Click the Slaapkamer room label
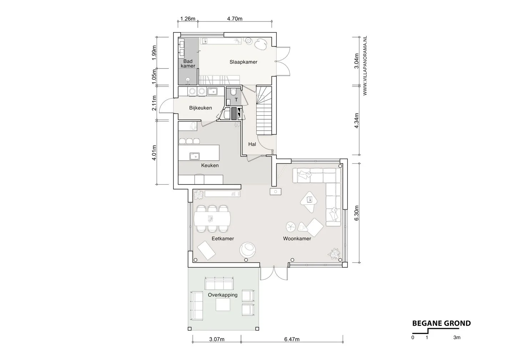[x=243, y=62]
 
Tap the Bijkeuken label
[x=200, y=108]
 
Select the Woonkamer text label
[x=297, y=239]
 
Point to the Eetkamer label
[x=223, y=239]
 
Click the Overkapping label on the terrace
[x=223, y=295]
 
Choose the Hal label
[x=252, y=144]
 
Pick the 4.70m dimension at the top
[x=235, y=19]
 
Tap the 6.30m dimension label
[x=356, y=213]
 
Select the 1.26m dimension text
[x=188, y=19]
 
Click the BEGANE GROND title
[x=442, y=324]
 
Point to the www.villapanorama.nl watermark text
[x=365, y=65]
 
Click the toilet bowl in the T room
[x=233, y=91]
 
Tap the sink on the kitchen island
[x=194, y=156]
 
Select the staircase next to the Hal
[x=264, y=110]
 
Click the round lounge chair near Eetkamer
[x=248, y=250]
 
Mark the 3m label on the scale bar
[x=457, y=337]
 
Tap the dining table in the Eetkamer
[x=212, y=219]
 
